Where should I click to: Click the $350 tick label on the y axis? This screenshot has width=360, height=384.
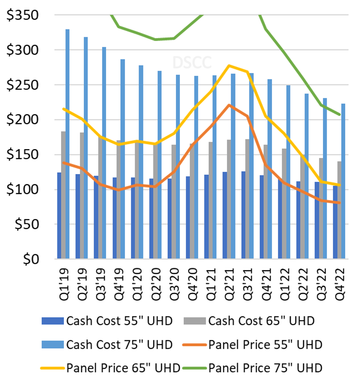[22, 15]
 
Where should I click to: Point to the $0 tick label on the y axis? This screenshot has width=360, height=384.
[31, 259]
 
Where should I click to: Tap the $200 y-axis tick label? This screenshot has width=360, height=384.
[22, 120]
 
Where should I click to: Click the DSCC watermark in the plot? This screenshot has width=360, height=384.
[192, 63]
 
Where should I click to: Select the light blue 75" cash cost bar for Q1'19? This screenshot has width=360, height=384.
[67, 144]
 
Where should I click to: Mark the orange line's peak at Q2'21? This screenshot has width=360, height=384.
[229, 105]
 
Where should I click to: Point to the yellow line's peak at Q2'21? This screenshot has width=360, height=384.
[229, 66]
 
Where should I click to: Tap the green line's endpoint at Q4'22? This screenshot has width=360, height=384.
[339, 114]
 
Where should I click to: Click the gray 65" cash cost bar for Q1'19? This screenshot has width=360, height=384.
[63, 195]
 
